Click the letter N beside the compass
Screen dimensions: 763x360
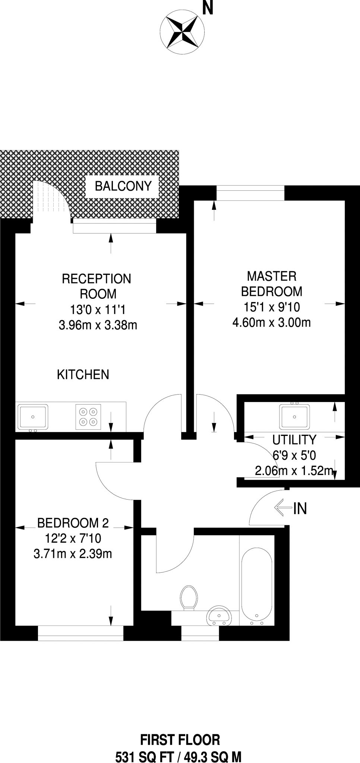tap(208, 8)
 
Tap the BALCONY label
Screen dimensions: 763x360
tap(123, 186)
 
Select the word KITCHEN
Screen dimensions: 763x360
tap(83, 374)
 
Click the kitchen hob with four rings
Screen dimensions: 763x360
tap(88, 417)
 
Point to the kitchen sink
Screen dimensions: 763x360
tap(33, 417)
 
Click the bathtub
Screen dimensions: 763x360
tap(256, 585)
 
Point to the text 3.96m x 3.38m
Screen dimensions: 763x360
tap(98, 325)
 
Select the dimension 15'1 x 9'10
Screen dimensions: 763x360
tap(272, 307)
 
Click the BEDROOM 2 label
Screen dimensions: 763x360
tap(73, 523)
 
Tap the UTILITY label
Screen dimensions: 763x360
tap(294, 440)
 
